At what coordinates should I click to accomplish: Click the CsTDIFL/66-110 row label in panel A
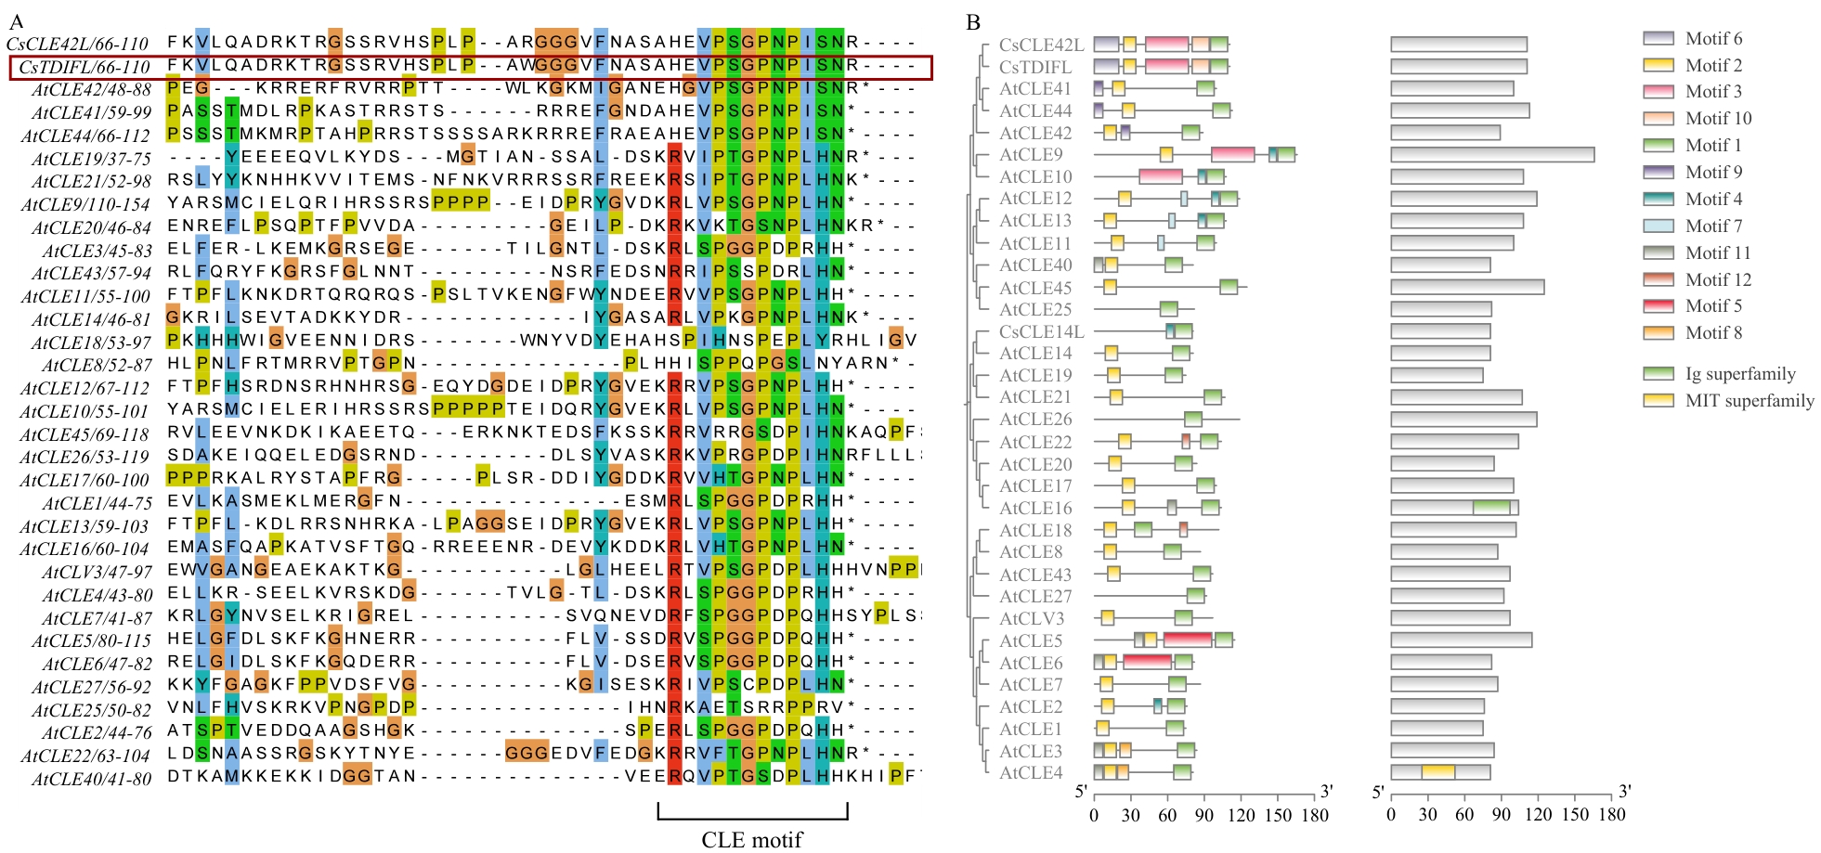point(84,67)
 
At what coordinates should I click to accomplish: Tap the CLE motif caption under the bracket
point(751,839)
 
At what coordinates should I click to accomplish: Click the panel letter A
point(16,21)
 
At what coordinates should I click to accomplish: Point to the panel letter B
point(973,21)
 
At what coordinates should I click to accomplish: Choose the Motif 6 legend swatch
point(1658,38)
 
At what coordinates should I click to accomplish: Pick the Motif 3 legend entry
point(1713,91)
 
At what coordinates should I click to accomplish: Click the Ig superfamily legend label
point(1740,373)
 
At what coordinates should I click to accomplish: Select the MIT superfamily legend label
point(1749,400)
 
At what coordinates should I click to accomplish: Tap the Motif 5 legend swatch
point(1658,305)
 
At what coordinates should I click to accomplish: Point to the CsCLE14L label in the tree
point(1041,331)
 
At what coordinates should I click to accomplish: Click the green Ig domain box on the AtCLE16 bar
point(1491,508)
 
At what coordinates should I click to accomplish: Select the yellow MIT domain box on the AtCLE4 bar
point(1437,772)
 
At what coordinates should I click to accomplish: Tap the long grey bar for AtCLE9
point(1492,154)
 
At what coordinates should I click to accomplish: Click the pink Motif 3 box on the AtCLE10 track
point(1161,176)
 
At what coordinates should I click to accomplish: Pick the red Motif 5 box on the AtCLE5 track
point(1188,640)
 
